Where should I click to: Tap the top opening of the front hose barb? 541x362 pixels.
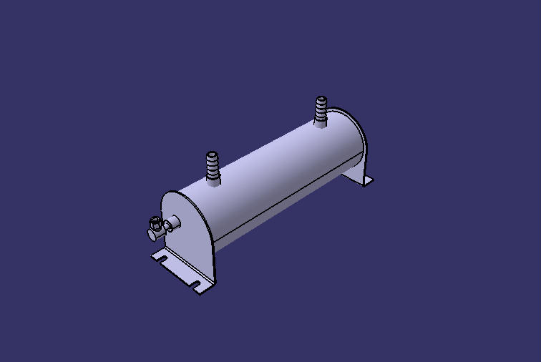(211, 153)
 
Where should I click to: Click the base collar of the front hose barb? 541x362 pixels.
(213, 182)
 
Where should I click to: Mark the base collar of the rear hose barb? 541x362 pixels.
(321, 123)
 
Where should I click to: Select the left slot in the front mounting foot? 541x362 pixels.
(163, 257)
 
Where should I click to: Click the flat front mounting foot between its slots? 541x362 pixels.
(179, 270)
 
